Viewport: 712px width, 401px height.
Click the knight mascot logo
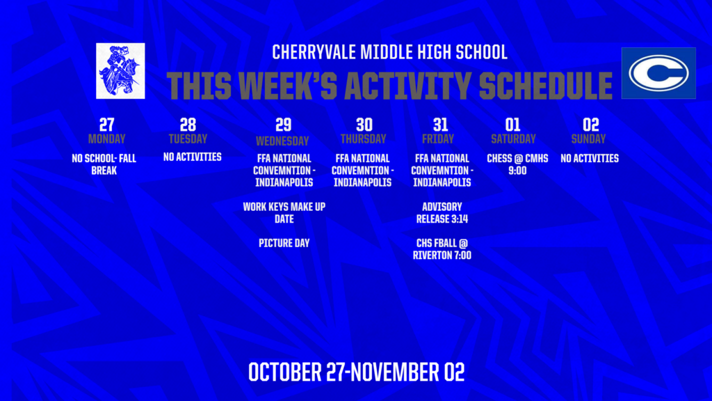pyautogui.click(x=120, y=70)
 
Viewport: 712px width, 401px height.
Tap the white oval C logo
pyautogui.click(x=658, y=73)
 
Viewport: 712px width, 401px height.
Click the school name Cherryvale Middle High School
pyautogui.click(x=389, y=52)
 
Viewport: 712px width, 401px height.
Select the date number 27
pyautogui.click(x=106, y=125)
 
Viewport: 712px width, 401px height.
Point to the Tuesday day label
pyautogui.click(x=188, y=139)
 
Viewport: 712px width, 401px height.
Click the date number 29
pyautogui.click(x=282, y=125)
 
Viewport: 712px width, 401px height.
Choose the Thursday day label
pyautogui.click(x=363, y=139)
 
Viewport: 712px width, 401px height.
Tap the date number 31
pyautogui.click(x=439, y=125)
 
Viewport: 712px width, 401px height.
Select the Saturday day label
pyautogui.click(x=512, y=139)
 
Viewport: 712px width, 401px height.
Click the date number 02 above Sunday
pyautogui.click(x=590, y=125)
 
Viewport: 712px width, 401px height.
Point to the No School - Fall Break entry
pyautogui.click(x=104, y=164)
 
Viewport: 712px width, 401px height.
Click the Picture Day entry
pyautogui.click(x=284, y=243)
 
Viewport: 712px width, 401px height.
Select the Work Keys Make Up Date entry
pyautogui.click(x=284, y=213)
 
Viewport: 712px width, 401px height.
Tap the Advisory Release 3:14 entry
pyautogui.click(x=442, y=213)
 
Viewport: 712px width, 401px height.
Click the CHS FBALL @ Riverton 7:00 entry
pyautogui.click(x=442, y=249)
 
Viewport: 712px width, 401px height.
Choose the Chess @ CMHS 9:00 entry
pyautogui.click(x=517, y=164)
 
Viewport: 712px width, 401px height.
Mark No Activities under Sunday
pyautogui.click(x=590, y=159)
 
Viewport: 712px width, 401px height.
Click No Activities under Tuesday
pyautogui.click(x=193, y=157)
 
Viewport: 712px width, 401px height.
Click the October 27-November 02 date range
pyautogui.click(x=356, y=372)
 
